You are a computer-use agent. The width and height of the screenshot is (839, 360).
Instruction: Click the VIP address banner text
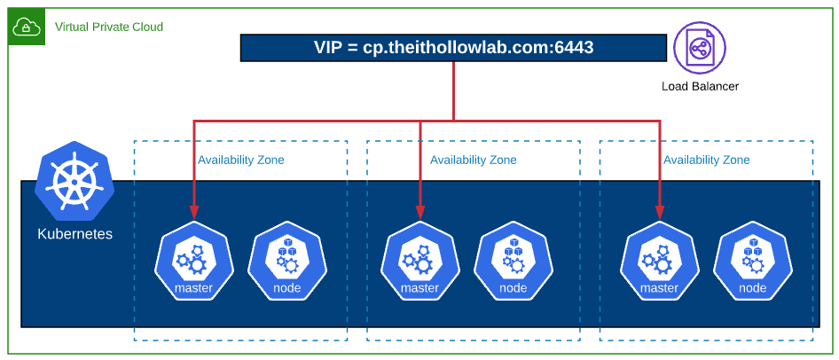[x=452, y=48]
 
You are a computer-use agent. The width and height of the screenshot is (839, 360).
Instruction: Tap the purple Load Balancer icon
[x=699, y=48]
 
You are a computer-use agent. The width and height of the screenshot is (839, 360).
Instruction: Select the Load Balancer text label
[x=700, y=86]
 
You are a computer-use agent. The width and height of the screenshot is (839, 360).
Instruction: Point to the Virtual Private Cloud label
[x=109, y=27]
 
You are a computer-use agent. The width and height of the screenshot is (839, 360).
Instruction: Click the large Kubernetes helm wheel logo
[x=74, y=180]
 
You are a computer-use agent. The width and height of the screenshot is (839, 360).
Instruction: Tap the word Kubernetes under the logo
[x=74, y=235]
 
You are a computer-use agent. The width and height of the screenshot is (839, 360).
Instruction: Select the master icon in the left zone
[x=193, y=260]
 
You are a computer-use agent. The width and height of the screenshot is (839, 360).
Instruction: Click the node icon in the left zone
[x=286, y=260]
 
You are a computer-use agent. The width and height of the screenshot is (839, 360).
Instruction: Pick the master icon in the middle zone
[x=419, y=260]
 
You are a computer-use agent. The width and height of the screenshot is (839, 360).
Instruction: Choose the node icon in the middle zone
[x=513, y=260]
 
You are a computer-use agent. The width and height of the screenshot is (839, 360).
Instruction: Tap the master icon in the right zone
[x=659, y=260]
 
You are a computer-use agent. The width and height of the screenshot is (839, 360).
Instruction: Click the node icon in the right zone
[x=752, y=260]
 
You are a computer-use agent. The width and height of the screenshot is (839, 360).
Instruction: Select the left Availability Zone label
[x=241, y=160]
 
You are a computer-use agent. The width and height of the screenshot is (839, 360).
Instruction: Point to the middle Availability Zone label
[x=474, y=160]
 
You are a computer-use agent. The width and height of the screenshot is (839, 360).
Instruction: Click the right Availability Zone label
[x=707, y=160]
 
